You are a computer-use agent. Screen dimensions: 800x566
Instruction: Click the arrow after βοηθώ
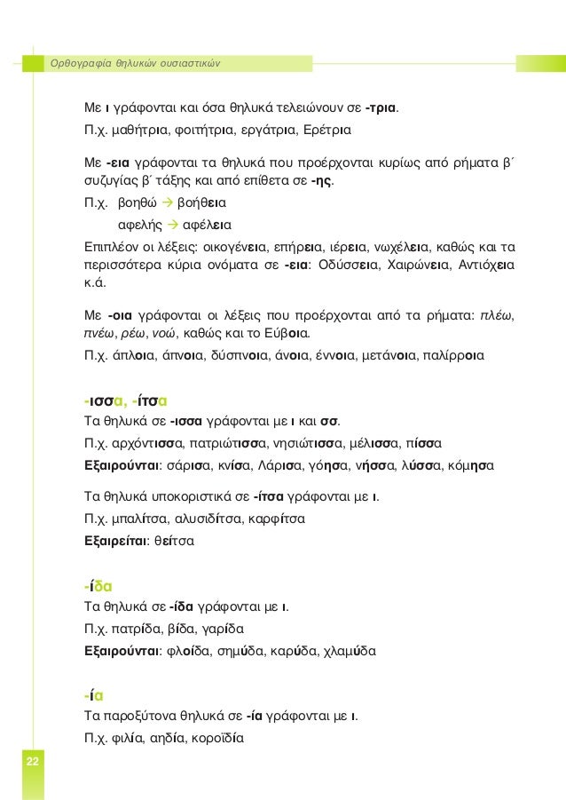[x=165, y=202]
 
